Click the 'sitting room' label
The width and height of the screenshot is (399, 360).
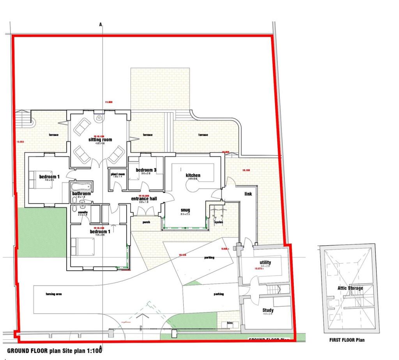[x=99, y=140]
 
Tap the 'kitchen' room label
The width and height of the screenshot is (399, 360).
[x=193, y=175]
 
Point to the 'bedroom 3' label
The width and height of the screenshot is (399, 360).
[x=146, y=170]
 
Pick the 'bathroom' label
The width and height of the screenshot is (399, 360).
[x=81, y=193]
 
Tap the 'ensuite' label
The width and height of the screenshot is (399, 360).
[x=83, y=212]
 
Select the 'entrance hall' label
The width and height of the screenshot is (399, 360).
[x=144, y=199]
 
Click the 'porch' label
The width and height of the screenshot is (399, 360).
[x=146, y=223]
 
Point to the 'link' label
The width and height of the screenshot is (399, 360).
[x=248, y=194]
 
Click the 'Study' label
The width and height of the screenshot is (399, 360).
[x=268, y=310]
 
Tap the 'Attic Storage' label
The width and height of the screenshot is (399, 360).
[x=350, y=288]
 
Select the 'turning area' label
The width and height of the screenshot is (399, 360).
[x=54, y=294]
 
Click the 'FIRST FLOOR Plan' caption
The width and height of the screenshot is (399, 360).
[x=347, y=340]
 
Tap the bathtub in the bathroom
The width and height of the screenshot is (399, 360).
[x=81, y=185]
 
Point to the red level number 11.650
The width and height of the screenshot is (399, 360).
[x=108, y=102]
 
